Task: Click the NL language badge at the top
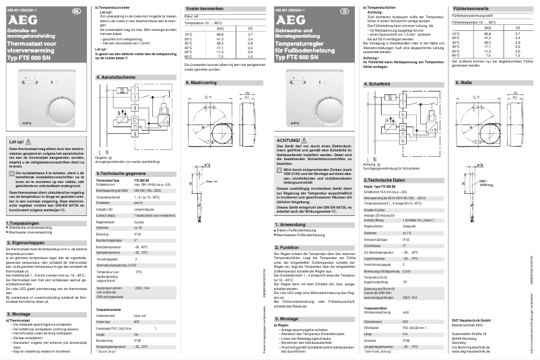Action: click(76, 12)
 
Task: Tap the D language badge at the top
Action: click(345, 12)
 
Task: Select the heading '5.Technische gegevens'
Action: click(119, 173)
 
